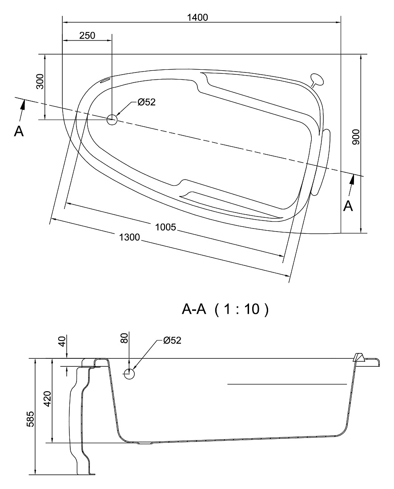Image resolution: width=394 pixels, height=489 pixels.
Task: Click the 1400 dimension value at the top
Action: point(197,17)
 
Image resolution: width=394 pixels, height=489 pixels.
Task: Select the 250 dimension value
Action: point(87,36)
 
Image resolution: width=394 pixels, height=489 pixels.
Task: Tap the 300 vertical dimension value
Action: point(40,82)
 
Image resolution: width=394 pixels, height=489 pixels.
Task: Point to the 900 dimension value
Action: point(356,137)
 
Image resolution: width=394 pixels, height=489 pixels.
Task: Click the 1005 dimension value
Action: point(165,227)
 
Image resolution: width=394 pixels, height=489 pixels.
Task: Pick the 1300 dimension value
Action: point(129,237)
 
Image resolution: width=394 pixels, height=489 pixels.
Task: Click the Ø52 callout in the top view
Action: point(146,102)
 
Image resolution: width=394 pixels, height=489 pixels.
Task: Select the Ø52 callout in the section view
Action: point(172,340)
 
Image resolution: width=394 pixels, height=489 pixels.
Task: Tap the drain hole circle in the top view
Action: point(112,120)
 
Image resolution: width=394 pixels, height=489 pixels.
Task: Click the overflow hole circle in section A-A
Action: point(129,373)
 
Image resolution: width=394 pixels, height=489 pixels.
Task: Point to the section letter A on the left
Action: point(19,132)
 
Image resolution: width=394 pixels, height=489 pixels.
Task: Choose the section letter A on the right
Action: point(348,206)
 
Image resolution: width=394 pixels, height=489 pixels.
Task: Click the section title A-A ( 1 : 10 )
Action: point(225,309)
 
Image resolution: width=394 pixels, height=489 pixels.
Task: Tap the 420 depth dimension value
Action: point(47,399)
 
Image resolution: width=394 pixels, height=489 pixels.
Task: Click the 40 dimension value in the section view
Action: point(62,341)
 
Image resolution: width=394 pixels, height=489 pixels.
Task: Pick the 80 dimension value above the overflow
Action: point(124,338)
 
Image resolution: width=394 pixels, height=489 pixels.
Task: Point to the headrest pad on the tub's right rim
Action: point(320,162)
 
